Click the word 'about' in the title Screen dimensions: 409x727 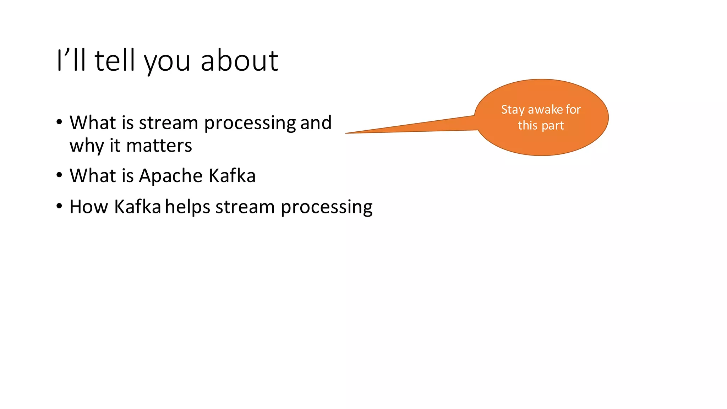[x=239, y=61]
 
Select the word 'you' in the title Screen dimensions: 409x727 [x=167, y=63]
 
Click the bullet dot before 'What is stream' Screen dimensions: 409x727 [x=59, y=122]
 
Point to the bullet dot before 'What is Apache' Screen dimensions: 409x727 [x=59, y=175]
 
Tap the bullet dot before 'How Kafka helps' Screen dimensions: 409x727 [x=59, y=206]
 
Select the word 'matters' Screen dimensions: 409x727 [x=159, y=146]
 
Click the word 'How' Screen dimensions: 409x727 [x=89, y=207]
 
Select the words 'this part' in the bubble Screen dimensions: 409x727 [x=541, y=126]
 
